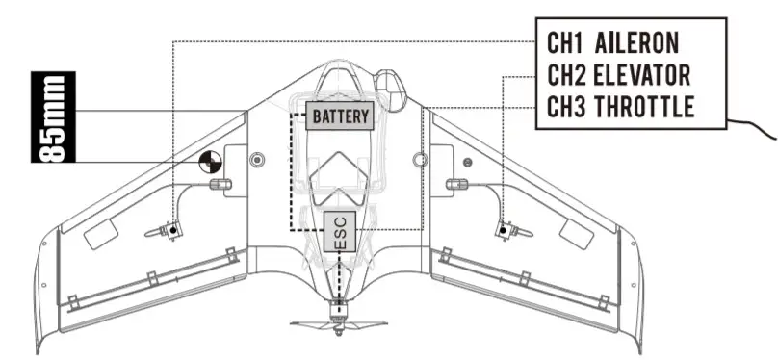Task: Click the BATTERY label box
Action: (340, 116)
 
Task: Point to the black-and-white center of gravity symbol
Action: (211, 161)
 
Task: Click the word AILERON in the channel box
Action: (637, 42)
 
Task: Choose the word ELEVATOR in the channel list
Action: (643, 74)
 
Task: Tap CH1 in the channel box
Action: (567, 42)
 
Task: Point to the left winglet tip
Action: (42, 318)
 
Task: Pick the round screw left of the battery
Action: (256, 158)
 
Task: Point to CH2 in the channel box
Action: (567, 74)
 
